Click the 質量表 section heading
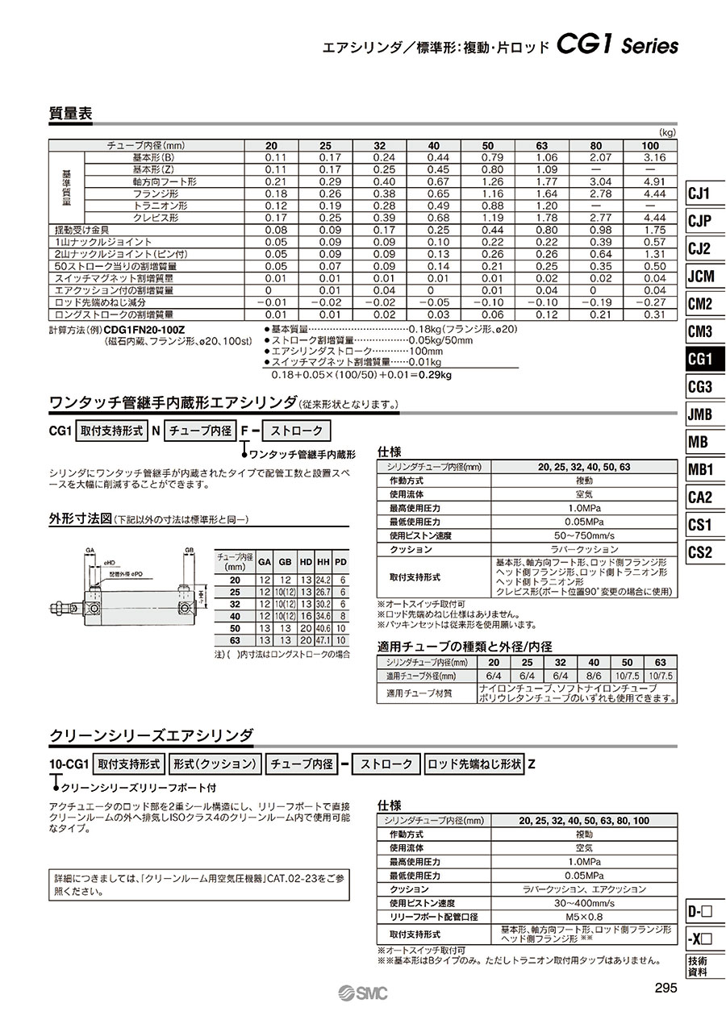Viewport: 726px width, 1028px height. coord(71,114)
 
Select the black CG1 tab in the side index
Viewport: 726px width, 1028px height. coord(699,359)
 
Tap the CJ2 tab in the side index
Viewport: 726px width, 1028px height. coord(699,248)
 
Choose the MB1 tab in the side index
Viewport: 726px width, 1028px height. coord(699,469)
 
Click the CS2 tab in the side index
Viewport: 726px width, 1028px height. coord(699,552)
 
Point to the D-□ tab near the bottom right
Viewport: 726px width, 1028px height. coord(699,913)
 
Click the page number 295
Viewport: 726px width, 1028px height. coord(665,989)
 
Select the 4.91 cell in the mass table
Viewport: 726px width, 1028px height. coord(654,181)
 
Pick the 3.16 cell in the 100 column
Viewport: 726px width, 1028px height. coord(654,157)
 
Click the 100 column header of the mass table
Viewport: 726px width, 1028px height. coord(649,145)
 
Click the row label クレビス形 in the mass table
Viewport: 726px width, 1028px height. coord(156,218)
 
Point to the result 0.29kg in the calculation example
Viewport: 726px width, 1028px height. coord(436,375)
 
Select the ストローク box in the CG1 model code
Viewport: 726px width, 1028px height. coord(297,431)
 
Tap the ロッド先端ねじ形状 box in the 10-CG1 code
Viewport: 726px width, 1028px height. coord(474,764)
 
